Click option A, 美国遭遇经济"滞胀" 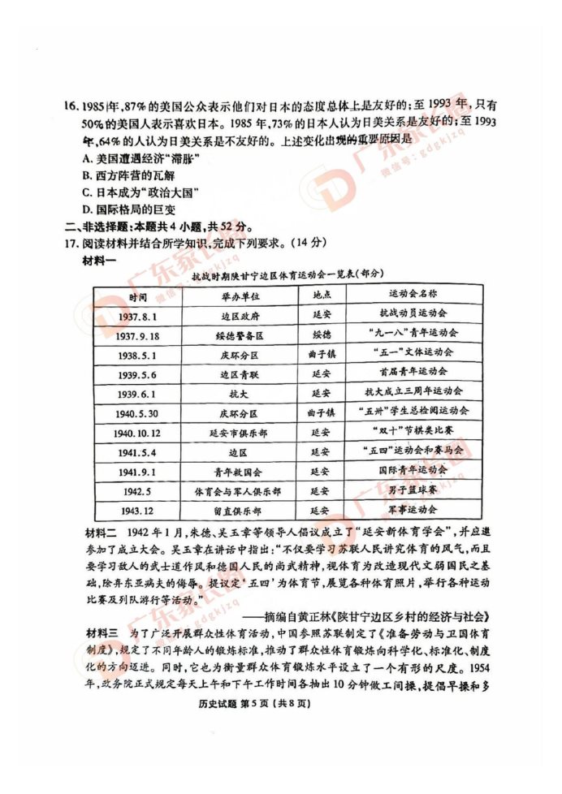pyautogui.click(x=130, y=157)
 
